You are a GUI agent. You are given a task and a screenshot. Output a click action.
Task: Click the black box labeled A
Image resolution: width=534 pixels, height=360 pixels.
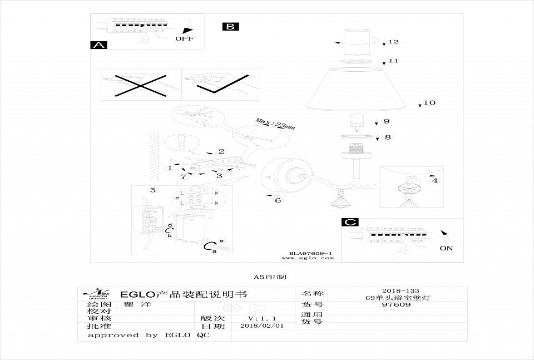(x=98, y=46)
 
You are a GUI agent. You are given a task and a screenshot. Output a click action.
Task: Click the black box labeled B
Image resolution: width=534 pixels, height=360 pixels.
(x=230, y=26)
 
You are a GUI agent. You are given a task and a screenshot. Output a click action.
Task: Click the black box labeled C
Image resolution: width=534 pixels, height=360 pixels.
(x=349, y=223)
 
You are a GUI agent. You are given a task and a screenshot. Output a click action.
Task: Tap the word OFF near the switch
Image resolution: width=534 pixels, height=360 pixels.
(x=185, y=39)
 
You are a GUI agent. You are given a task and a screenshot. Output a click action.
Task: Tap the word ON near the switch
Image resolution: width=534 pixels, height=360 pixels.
(x=446, y=248)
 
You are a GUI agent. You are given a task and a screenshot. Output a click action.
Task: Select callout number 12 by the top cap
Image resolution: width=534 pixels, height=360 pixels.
(x=394, y=42)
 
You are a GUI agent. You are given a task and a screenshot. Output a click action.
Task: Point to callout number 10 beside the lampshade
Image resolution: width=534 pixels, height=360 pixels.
(x=429, y=103)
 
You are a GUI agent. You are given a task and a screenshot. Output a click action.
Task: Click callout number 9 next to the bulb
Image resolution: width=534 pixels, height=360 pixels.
(x=386, y=121)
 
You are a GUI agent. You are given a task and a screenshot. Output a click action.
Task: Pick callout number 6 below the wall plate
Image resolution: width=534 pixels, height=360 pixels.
(x=278, y=200)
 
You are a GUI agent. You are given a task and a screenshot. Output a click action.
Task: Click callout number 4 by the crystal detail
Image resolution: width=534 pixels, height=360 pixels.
(x=434, y=180)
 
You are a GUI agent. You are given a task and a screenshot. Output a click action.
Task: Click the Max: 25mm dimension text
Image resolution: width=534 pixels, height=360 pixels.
(x=275, y=124)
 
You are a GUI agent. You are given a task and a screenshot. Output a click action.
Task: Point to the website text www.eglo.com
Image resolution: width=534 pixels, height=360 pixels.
(x=307, y=258)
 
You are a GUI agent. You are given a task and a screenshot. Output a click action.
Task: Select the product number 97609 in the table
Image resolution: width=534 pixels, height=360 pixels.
(x=400, y=304)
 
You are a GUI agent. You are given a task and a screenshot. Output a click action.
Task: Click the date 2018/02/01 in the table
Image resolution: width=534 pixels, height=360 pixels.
(x=259, y=326)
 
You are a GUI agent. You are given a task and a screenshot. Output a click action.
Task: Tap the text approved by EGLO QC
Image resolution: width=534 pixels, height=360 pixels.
(x=149, y=336)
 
